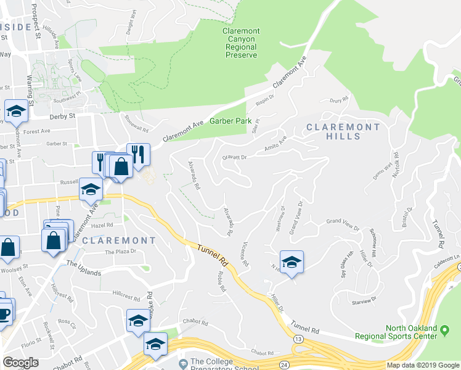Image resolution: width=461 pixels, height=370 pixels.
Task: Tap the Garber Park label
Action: coord(230,121)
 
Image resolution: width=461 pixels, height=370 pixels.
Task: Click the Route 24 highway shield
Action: coord(284,364)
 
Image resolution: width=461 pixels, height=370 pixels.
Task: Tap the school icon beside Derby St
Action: coord(16,111)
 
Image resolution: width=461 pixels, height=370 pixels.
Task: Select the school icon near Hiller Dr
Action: coord(292,262)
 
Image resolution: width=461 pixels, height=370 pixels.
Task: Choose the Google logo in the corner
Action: coord(21,363)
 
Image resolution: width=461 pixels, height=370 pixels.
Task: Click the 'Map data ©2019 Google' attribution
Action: coord(423,365)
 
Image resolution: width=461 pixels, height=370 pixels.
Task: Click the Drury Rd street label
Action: coord(340,99)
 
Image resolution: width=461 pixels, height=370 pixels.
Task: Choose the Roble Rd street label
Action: coord(219,281)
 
